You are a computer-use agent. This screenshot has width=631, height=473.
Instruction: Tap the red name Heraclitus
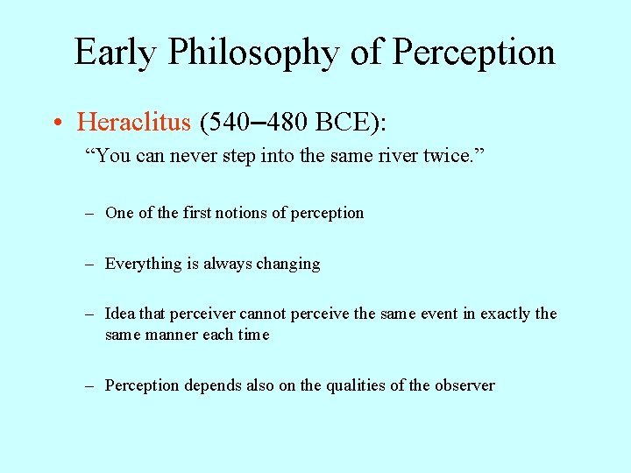tap(133, 121)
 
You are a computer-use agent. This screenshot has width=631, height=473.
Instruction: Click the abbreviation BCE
tap(343, 121)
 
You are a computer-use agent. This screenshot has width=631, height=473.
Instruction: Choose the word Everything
tap(143, 264)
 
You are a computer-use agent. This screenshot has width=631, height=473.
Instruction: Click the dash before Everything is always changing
tap(90, 264)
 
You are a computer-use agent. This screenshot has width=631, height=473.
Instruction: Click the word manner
tap(171, 335)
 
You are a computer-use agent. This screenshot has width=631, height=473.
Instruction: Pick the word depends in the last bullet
tap(214, 385)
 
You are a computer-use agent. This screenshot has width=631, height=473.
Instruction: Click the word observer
tap(465, 385)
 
